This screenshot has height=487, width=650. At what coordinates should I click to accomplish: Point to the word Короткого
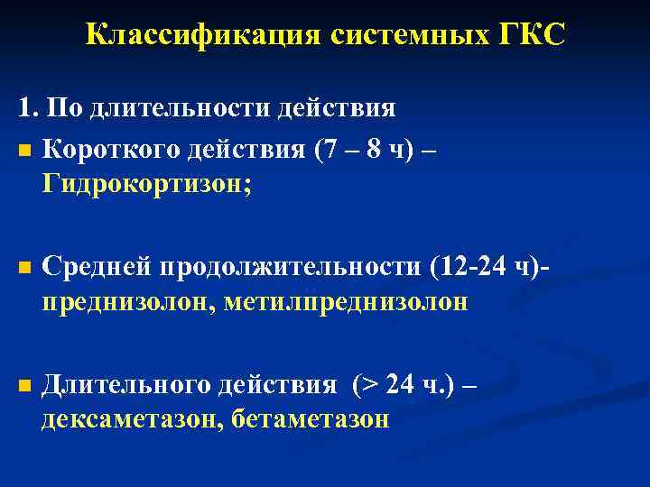(x=111, y=149)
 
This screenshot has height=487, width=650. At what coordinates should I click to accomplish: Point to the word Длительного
(x=124, y=386)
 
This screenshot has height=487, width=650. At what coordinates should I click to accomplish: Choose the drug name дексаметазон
(x=132, y=420)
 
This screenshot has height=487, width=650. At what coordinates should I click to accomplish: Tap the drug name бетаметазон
(x=311, y=420)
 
